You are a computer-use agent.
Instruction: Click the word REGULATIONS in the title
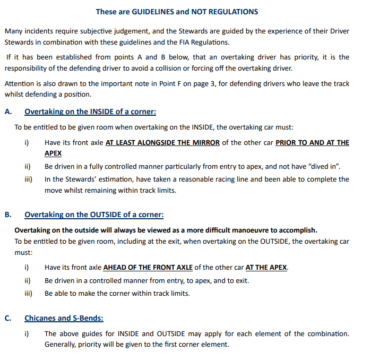click(230, 11)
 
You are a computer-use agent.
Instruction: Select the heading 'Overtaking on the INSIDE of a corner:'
click(90, 112)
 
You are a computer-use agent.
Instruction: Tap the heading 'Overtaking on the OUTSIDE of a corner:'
click(94, 215)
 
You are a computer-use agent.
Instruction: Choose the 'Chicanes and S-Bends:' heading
click(64, 318)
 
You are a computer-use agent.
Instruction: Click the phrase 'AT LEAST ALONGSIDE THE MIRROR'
click(162, 143)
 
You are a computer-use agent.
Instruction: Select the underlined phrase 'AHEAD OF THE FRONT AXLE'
click(148, 267)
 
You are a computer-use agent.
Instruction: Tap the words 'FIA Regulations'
click(205, 42)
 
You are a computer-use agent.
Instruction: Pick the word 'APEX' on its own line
click(53, 153)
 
